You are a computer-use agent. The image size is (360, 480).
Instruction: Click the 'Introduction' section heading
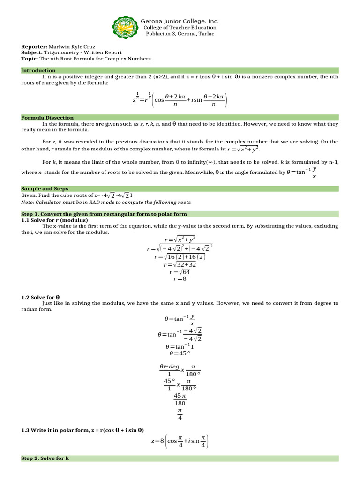pos(38,70)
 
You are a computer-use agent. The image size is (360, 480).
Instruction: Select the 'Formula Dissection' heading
pos(47,118)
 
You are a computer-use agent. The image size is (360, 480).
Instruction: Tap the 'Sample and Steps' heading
pos(45,188)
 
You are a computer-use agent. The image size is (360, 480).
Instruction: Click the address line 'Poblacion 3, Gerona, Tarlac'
pos(180,34)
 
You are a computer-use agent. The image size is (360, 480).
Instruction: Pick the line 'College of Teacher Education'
pos(180,28)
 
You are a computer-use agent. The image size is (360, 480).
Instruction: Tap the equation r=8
pos(180,278)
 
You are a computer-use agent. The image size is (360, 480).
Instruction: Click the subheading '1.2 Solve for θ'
pos(40,297)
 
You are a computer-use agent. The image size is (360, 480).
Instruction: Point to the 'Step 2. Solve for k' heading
pos(45,458)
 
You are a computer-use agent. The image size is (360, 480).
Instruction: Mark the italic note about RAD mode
pos(106,202)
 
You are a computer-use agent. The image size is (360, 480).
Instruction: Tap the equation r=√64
pos(180,271)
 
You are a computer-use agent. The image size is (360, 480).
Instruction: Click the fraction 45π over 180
pos(180,399)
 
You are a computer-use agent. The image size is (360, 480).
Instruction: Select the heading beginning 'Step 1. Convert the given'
pos(104,214)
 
